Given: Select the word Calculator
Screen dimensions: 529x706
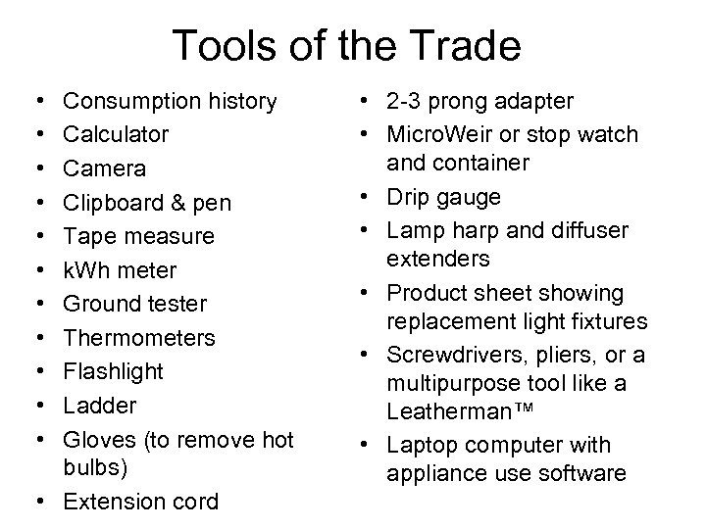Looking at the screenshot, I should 116,134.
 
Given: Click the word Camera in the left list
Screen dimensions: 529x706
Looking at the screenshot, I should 104,168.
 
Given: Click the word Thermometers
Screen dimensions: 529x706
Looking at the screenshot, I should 139,338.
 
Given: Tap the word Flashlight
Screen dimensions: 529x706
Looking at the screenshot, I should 113,372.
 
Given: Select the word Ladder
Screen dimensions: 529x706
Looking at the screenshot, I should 99,406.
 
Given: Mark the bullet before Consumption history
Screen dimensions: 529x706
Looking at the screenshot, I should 35,101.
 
